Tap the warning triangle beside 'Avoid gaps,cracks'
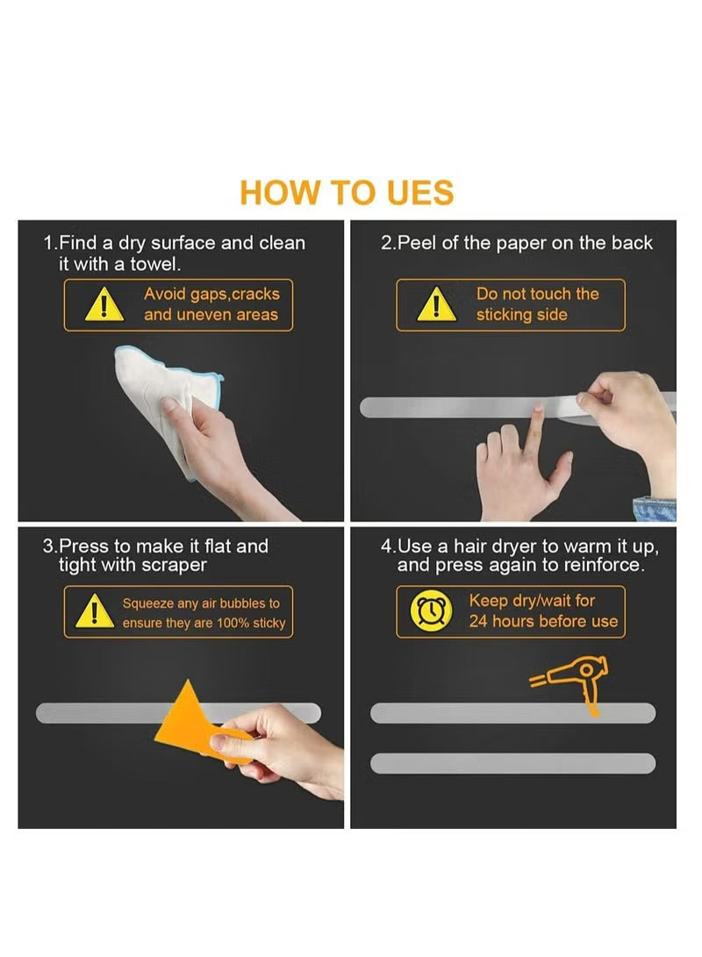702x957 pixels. [x=104, y=305]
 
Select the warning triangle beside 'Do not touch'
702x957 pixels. [x=436, y=305]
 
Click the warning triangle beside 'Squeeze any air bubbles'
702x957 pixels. [x=95, y=611]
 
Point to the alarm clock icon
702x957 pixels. [x=436, y=611]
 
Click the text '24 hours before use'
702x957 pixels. [x=543, y=621]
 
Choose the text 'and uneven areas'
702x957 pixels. [x=211, y=315]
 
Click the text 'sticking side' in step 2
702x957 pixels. [x=521, y=315]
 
